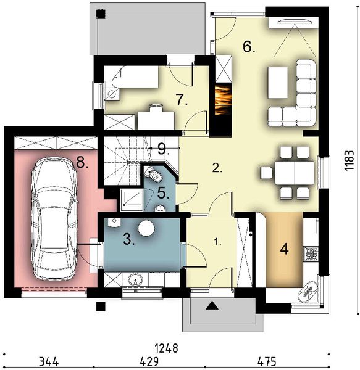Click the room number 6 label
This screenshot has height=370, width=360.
248,47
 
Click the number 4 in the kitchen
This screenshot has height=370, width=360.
285,250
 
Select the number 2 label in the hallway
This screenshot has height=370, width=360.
216,167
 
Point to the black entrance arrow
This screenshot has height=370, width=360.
212,304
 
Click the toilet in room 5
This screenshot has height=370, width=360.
150,175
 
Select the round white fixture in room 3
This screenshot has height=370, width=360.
146,229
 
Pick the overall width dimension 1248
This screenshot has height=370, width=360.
162,348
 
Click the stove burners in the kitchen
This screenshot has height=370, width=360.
311,252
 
